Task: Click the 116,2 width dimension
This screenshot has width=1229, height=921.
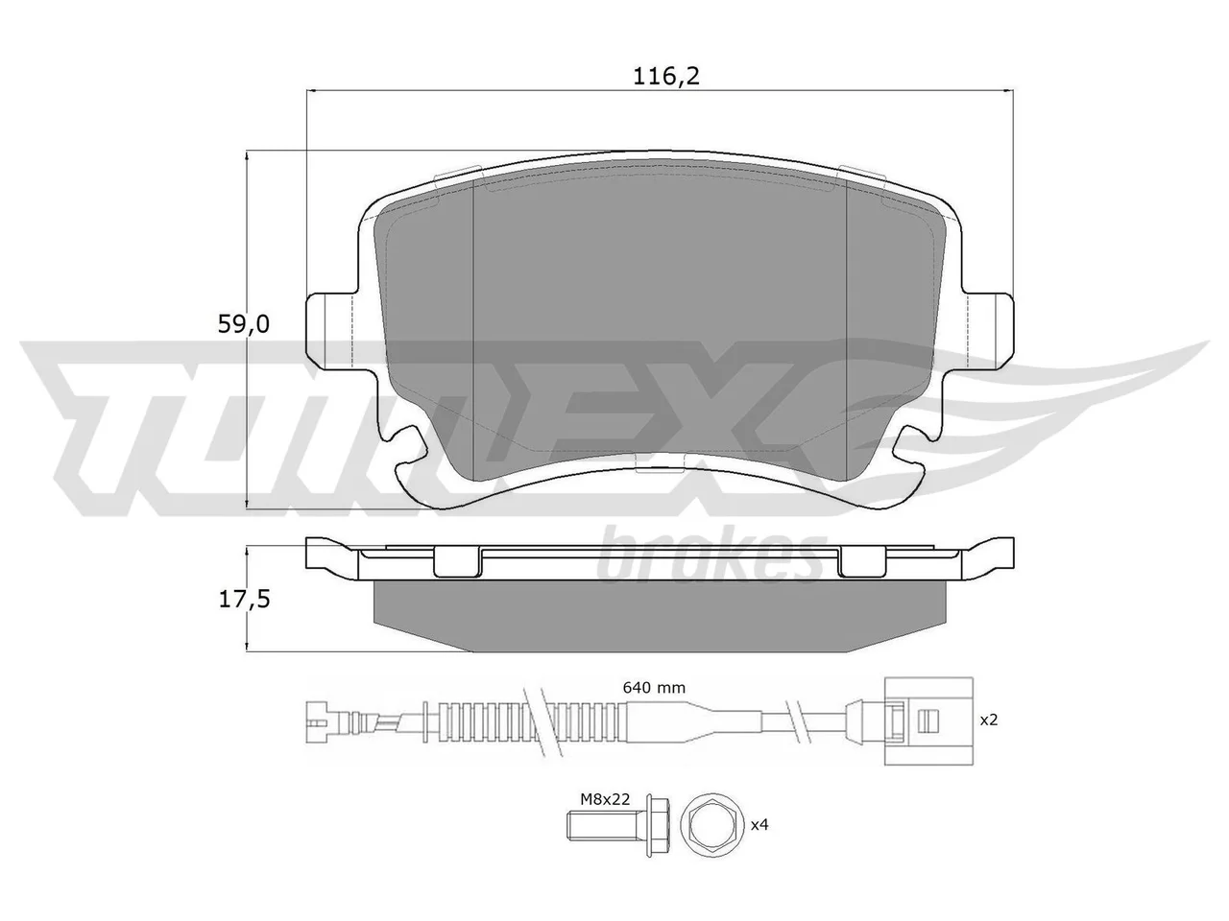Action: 666,77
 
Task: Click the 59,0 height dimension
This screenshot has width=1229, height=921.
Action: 244,324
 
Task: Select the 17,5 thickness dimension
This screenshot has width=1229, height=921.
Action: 244,599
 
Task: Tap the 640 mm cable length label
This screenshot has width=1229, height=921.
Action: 654,687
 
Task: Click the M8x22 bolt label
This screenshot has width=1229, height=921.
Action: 605,799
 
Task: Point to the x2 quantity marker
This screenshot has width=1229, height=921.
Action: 989,720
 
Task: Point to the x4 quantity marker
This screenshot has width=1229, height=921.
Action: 759,824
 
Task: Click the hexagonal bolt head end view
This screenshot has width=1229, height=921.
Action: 712,824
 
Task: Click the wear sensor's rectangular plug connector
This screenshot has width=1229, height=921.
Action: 928,721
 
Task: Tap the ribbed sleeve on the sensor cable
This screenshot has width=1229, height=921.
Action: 529,721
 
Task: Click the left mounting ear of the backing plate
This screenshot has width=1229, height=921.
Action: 332,331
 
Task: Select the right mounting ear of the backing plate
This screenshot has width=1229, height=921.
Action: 988,331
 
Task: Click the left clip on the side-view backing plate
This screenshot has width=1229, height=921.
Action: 457,561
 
